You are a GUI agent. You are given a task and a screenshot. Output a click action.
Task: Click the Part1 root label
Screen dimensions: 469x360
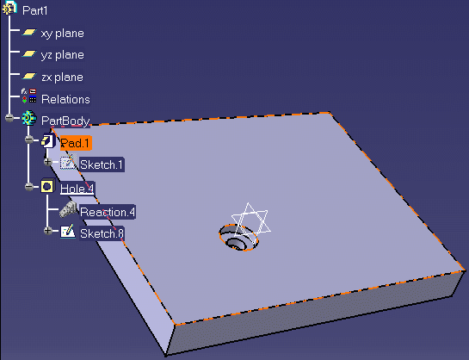pyautogui.click(x=35, y=11)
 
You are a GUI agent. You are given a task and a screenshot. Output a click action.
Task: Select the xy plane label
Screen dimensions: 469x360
pyautogui.click(x=62, y=34)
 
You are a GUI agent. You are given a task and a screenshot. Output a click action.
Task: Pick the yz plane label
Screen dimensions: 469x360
pyautogui.click(x=62, y=55)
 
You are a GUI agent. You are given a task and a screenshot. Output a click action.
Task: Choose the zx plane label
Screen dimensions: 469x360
pyautogui.click(x=62, y=78)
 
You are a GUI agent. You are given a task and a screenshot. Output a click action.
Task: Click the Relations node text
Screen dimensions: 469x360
pyautogui.click(x=65, y=99)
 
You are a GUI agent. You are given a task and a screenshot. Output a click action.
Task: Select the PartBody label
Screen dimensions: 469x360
pyautogui.click(x=65, y=121)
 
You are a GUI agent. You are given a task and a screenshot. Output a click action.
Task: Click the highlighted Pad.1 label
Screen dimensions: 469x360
pyautogui.click(x=76, y=143)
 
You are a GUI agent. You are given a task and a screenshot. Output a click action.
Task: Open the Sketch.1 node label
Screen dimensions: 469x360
pyautogui.click(x=102, y=164)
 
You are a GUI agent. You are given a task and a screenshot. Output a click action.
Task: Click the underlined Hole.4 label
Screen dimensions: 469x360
pyautogui.click(x=77, y=189)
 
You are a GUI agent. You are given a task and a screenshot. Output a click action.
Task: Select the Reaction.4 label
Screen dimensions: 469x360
pyautogui.click(x=108, y=212)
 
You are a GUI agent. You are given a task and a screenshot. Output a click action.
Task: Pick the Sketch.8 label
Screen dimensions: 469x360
pyautogui.click(x=102, y=233)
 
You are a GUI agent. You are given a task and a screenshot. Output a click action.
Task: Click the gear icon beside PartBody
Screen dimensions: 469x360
pyautogui.click(x=29, y=118)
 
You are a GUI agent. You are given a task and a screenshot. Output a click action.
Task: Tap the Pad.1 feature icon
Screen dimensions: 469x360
pyautogui.click(x=48, y=140)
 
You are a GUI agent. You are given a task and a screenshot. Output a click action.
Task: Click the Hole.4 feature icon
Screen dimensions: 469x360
pyautogui.click(x=47, y=186)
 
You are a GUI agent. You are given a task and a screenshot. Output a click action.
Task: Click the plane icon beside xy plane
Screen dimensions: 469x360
pyautogui.click(x=29, y=32)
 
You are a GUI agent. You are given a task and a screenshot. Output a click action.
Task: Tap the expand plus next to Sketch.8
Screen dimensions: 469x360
pyautogui.click(x=48, y=231)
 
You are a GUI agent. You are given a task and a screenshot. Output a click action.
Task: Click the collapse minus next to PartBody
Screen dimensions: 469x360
pyautogui.click(x=9, y=118)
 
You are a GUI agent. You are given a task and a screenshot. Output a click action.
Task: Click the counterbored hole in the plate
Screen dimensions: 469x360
pyautogui.click(x=238, y=238)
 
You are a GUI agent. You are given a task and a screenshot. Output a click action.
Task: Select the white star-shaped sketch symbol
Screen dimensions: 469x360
pyautogui.click(x=251, y=220)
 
